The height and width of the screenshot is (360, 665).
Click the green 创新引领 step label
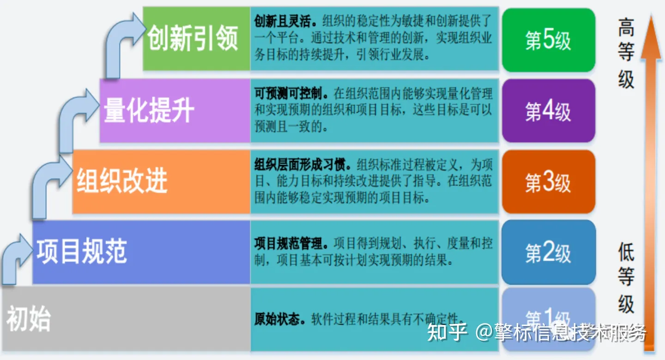193,38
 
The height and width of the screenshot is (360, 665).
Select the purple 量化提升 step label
149,110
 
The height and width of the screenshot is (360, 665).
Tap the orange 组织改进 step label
122,180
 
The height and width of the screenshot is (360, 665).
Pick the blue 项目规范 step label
82,252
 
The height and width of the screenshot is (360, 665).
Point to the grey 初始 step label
29,319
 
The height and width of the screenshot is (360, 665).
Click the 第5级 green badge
548,40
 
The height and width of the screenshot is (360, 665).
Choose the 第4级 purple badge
548,111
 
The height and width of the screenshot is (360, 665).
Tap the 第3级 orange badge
548,182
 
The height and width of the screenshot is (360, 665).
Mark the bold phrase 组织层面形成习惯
303,165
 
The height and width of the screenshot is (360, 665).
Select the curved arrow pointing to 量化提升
74,118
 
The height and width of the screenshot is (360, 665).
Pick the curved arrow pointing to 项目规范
14,258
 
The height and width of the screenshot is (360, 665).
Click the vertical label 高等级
626,53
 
